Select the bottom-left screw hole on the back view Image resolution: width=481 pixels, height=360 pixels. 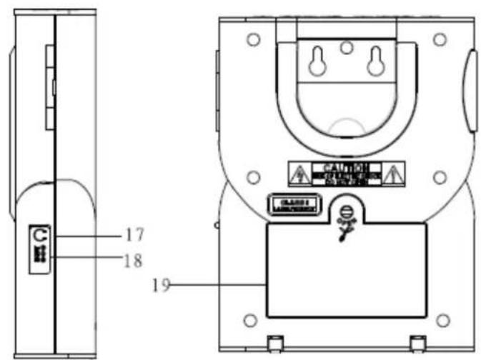point(250,319)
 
